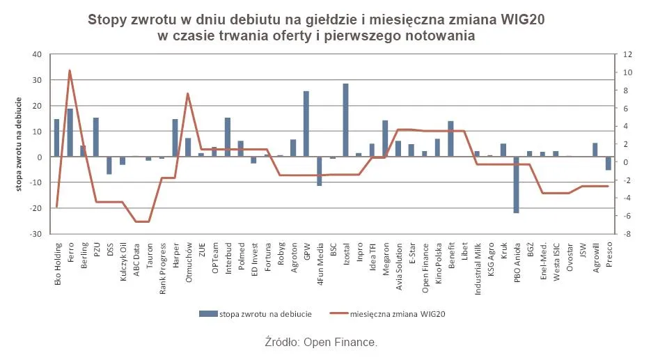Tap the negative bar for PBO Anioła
517,185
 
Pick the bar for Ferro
70,132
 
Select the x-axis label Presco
608,251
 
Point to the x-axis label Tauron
148,251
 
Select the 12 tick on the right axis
627,55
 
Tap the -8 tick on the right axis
627,234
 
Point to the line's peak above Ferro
70,70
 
